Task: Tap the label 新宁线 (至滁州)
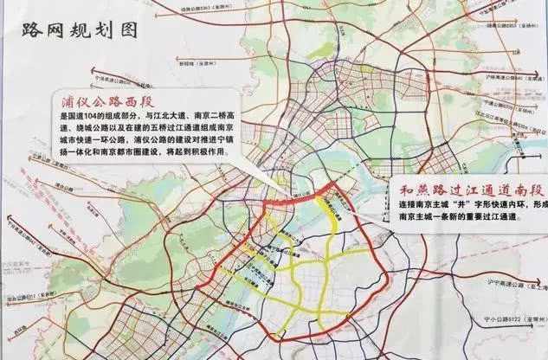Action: click(198, 63)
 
